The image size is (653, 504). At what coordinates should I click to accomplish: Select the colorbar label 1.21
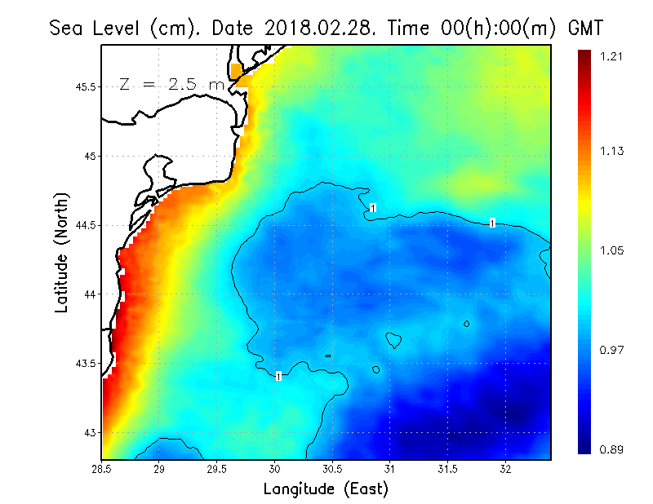click(612, 56)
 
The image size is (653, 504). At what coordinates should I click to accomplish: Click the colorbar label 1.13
click(612, 151)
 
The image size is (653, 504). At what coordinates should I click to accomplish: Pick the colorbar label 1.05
click(612, 250)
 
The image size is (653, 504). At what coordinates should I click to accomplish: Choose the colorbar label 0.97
click(612, 350)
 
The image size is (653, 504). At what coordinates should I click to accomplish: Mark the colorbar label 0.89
click(612, 449)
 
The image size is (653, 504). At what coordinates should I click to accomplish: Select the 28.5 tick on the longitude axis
click(102, 469)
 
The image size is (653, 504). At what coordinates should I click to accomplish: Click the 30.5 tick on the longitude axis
click(332, 469)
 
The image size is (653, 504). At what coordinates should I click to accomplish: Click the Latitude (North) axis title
click(62, 253)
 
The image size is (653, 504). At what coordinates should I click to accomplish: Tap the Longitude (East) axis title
click(325, 489)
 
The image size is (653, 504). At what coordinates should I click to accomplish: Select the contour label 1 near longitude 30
click(278, 376)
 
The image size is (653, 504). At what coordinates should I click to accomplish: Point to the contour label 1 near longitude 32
click(492, 223)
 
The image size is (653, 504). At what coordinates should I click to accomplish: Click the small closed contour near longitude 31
click(393, 338)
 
